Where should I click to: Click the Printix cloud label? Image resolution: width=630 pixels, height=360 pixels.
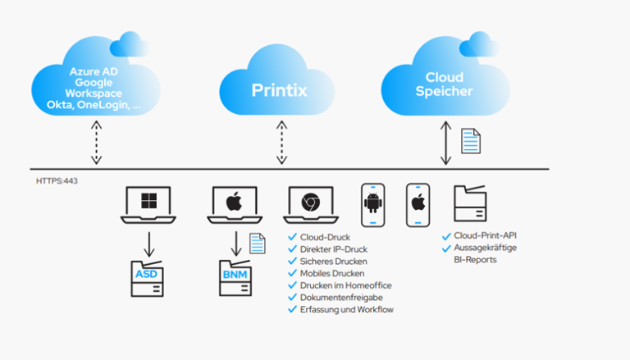(x=279, y=89)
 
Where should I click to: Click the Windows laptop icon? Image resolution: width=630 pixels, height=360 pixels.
(x=148, y=205)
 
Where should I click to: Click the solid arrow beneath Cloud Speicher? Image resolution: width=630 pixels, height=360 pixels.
(x=445, y=141)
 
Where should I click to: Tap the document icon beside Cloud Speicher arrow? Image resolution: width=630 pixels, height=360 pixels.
(x=470, y=141)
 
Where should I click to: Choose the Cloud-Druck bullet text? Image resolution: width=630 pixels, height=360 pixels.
(x=325, y=236)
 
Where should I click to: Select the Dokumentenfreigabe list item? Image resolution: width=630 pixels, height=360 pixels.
(x=339, y=297)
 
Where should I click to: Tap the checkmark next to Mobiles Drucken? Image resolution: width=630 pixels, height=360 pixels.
(x=292, y=272)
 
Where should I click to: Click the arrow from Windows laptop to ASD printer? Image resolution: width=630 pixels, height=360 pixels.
(x=148, y=243)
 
